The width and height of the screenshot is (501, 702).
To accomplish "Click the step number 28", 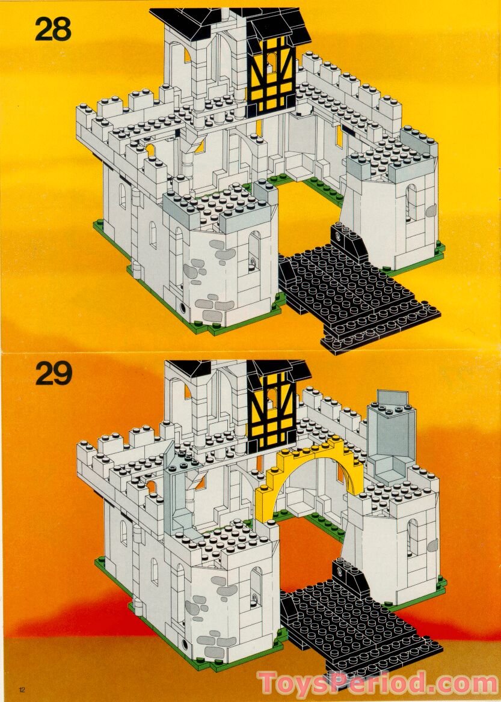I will pos(53,28).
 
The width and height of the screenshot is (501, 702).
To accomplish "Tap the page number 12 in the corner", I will pos(22,689).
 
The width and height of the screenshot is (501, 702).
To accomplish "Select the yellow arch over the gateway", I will pos(310,469).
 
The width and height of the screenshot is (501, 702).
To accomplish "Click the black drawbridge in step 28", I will pos(355,295).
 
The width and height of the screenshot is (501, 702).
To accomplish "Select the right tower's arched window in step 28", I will pos(411,201).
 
